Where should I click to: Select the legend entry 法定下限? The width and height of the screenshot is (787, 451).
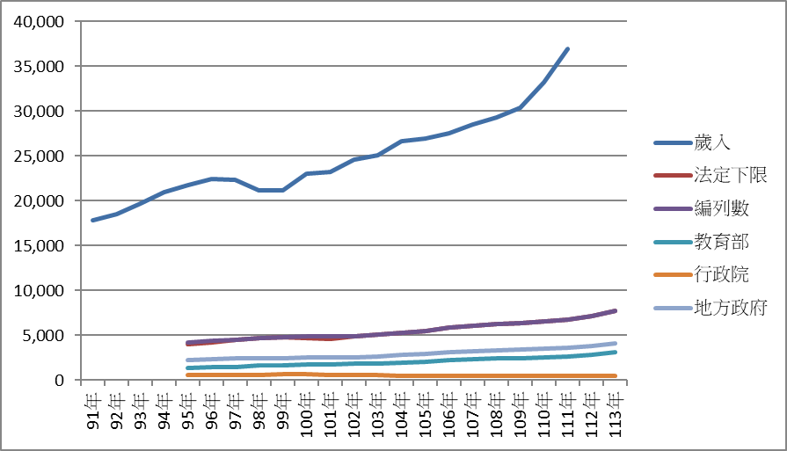point(730,175)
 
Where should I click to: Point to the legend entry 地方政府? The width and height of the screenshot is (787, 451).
point(730,308)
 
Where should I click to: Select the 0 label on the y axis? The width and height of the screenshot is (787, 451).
point(58,380)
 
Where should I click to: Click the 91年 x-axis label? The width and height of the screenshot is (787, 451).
point(92,408)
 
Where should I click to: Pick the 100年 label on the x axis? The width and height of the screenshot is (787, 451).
point(307,411)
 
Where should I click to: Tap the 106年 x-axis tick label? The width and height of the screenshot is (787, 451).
point(449,411)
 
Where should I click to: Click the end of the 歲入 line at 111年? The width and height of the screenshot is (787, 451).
point(568,48)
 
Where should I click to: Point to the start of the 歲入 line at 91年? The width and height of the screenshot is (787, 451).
point(92,220)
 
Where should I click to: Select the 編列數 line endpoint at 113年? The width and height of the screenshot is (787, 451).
point(616,310)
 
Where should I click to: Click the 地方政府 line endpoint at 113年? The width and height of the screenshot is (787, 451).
point(616,343)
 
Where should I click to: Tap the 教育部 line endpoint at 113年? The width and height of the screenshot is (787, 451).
point(616,352)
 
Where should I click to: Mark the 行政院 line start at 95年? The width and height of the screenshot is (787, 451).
point(187,375)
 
